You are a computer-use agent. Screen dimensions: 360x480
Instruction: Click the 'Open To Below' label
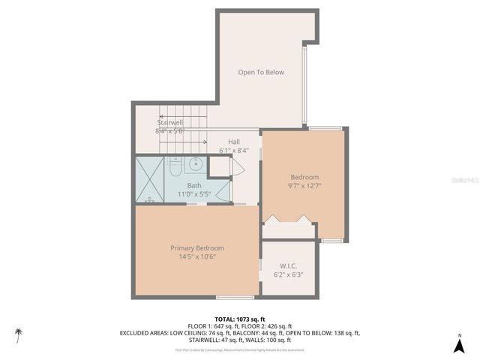(261, 73)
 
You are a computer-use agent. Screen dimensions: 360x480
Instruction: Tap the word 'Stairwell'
(170, 122)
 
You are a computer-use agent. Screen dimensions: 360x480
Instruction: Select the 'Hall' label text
(234, 141)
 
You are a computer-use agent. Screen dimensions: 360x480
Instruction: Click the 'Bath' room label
(194, 185)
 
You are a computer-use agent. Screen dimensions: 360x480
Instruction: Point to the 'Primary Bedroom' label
(197, 248)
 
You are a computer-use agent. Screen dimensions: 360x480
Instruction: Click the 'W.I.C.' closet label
(289, 265)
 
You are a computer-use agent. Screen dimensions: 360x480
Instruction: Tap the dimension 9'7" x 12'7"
(304, 185)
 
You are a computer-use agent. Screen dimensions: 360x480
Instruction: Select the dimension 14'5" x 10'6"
(197, 257)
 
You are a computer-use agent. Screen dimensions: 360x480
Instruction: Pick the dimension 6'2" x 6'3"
(289, 274)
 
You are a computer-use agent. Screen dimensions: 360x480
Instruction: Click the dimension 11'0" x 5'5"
(194, 194)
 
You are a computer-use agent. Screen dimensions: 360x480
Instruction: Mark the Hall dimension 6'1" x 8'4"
(234, 150)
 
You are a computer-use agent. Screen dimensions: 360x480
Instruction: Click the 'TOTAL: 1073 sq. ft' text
(240, 319)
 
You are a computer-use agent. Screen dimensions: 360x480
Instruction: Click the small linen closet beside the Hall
(220, 167)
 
